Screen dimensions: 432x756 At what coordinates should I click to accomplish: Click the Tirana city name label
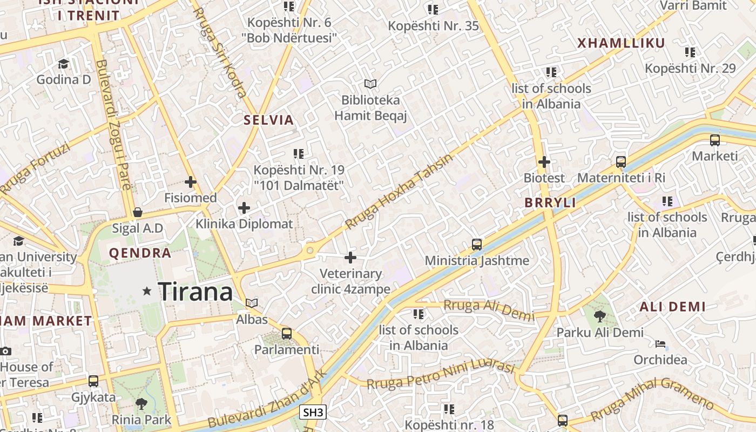click(x=195, y=292)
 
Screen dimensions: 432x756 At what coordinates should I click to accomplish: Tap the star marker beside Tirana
click(x=147, y=291)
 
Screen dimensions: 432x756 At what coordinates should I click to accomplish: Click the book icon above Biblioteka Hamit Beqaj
click(x=370, y=84)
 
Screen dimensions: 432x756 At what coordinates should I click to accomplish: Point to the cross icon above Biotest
click(x=544, y=161)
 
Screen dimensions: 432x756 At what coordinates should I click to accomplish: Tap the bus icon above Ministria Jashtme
click(x=476, y=245)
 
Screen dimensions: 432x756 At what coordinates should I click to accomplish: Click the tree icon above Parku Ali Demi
click(x=599, y=316)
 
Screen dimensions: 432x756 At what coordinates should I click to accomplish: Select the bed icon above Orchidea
click(x=660, y=344)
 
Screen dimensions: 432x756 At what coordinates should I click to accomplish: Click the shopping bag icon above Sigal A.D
click(x=138, y=212)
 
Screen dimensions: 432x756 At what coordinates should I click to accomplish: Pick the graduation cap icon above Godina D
click(x=63, y=64)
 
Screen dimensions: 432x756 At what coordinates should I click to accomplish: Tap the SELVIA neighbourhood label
click(x=268, y=120)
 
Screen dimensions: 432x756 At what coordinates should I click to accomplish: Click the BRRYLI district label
click(x=550, y=203)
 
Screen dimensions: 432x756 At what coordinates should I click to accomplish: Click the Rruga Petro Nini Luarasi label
click(x=440, y=375)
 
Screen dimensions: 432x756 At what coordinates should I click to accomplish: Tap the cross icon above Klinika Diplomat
click(x=244, y=207)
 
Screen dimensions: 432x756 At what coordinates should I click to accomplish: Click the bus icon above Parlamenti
click(x=286, y=334)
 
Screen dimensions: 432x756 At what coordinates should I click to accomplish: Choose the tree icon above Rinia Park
click(x=141, y=403)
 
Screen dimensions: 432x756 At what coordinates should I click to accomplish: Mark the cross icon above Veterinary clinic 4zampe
click(x=350, y=258)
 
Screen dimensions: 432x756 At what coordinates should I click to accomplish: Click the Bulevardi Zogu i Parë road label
click(x=113, y=124)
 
